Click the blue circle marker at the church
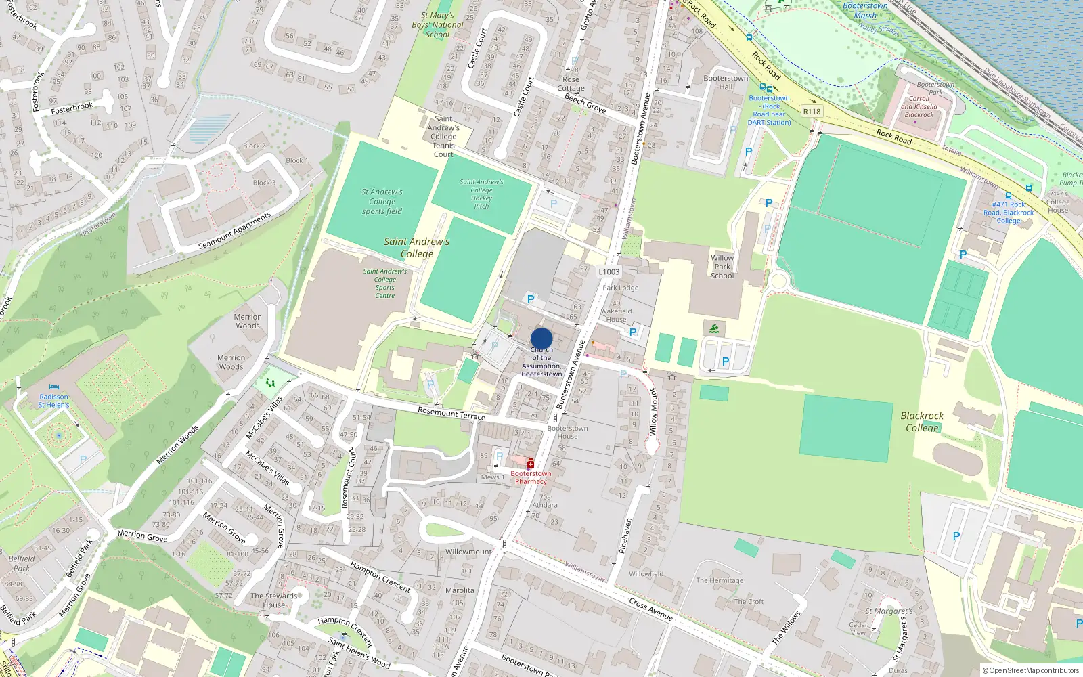[x=541, y=338]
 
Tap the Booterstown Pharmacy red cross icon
[x=531, y=464]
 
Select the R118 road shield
[x=812, y=111]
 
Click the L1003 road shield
[x=609, y=271]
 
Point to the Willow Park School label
[x=722, y=267]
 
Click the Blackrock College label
[x=922, y=421]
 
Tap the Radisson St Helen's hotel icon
[x=54, y=387]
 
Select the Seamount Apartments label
[x=234, y=230]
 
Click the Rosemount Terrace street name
[x=451, y=413]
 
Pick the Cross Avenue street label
[x=650, y=609]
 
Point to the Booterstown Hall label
[x=726, y=82]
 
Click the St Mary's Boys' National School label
[x=437, y=25]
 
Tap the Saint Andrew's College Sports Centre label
[x=385, y=283]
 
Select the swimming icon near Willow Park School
[x=715, y=329]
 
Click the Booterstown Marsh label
[x=865, y=10]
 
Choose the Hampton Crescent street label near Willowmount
[x=380, y=576]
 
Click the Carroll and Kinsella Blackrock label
[x=919, y=106]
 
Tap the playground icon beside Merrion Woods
[x=271, y=383]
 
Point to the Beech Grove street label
[x=585, y=103]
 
